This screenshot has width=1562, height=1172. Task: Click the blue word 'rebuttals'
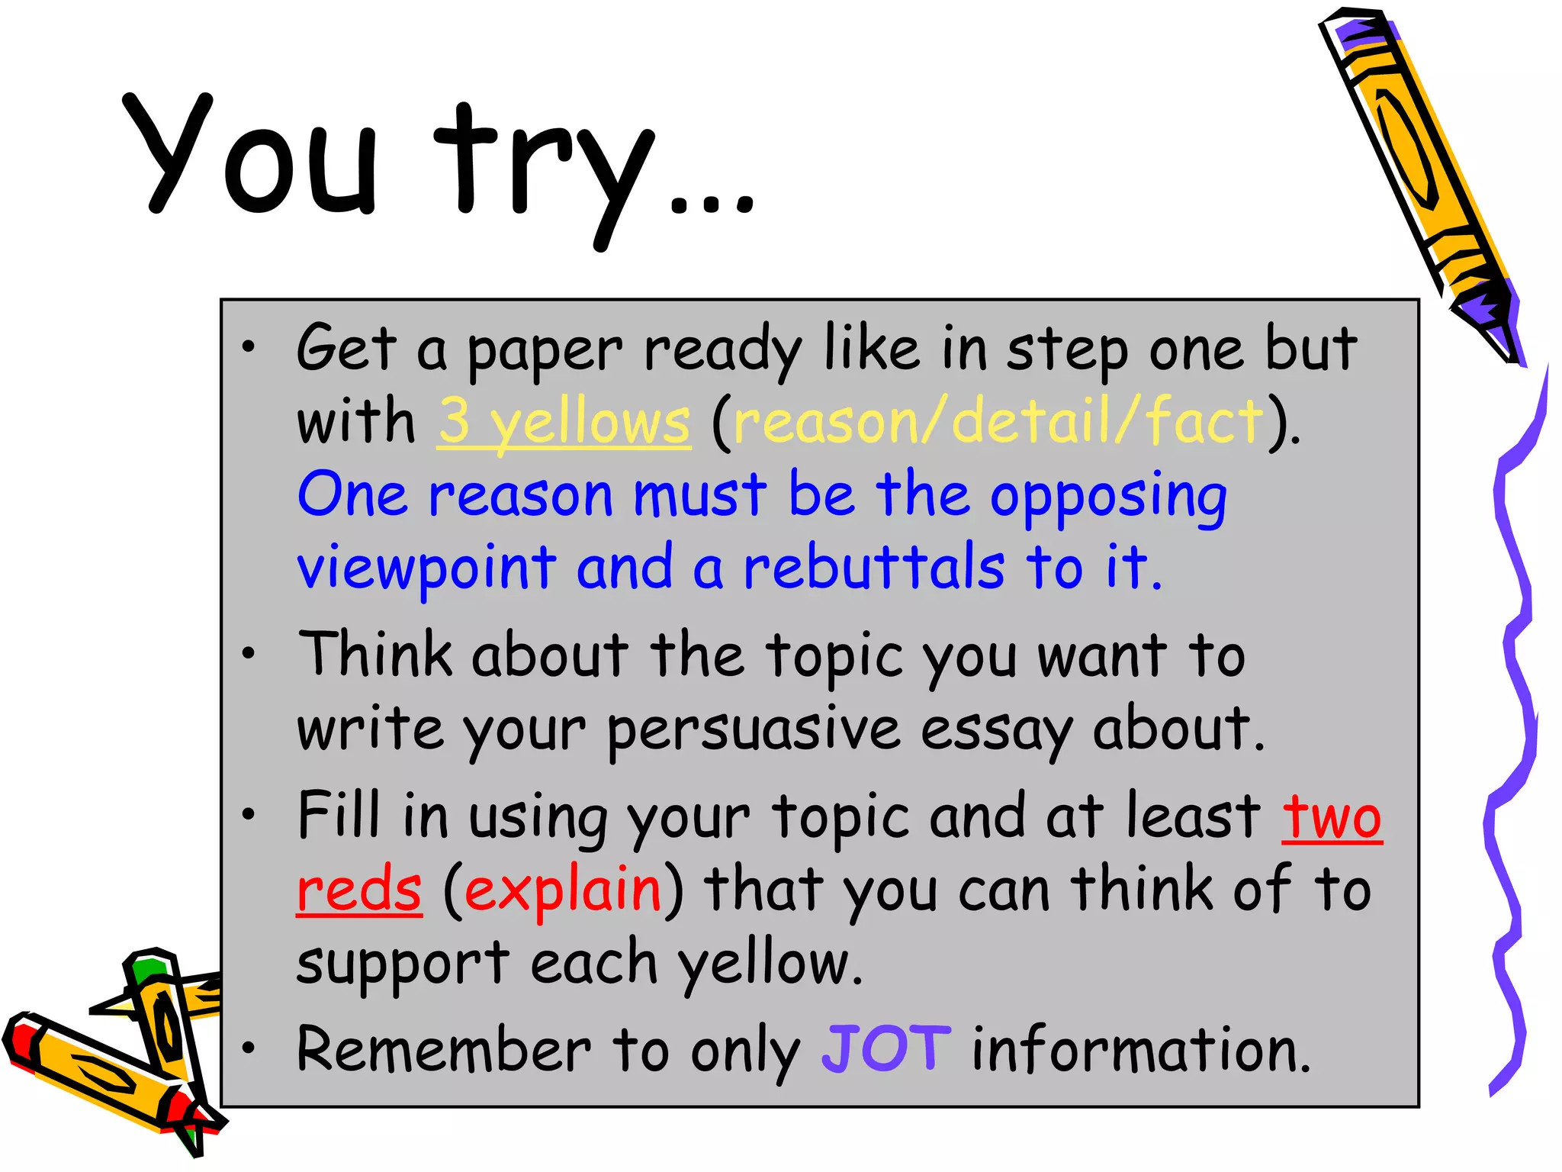pos(874,568)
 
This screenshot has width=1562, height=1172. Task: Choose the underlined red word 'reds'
pos(358,890)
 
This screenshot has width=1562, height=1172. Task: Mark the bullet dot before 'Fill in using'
pos(248,815)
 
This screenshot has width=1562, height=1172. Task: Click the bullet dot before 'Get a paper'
pos(248,348)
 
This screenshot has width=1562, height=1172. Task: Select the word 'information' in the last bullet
pos(1141,1050)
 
